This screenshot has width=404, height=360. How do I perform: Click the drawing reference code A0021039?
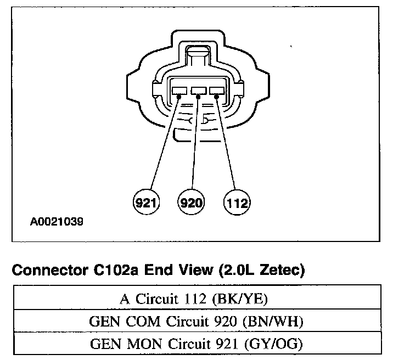pos(58,223)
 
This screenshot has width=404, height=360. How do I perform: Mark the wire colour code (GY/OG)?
pos(280,345)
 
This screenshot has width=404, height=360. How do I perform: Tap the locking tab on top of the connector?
pos(198,58)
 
